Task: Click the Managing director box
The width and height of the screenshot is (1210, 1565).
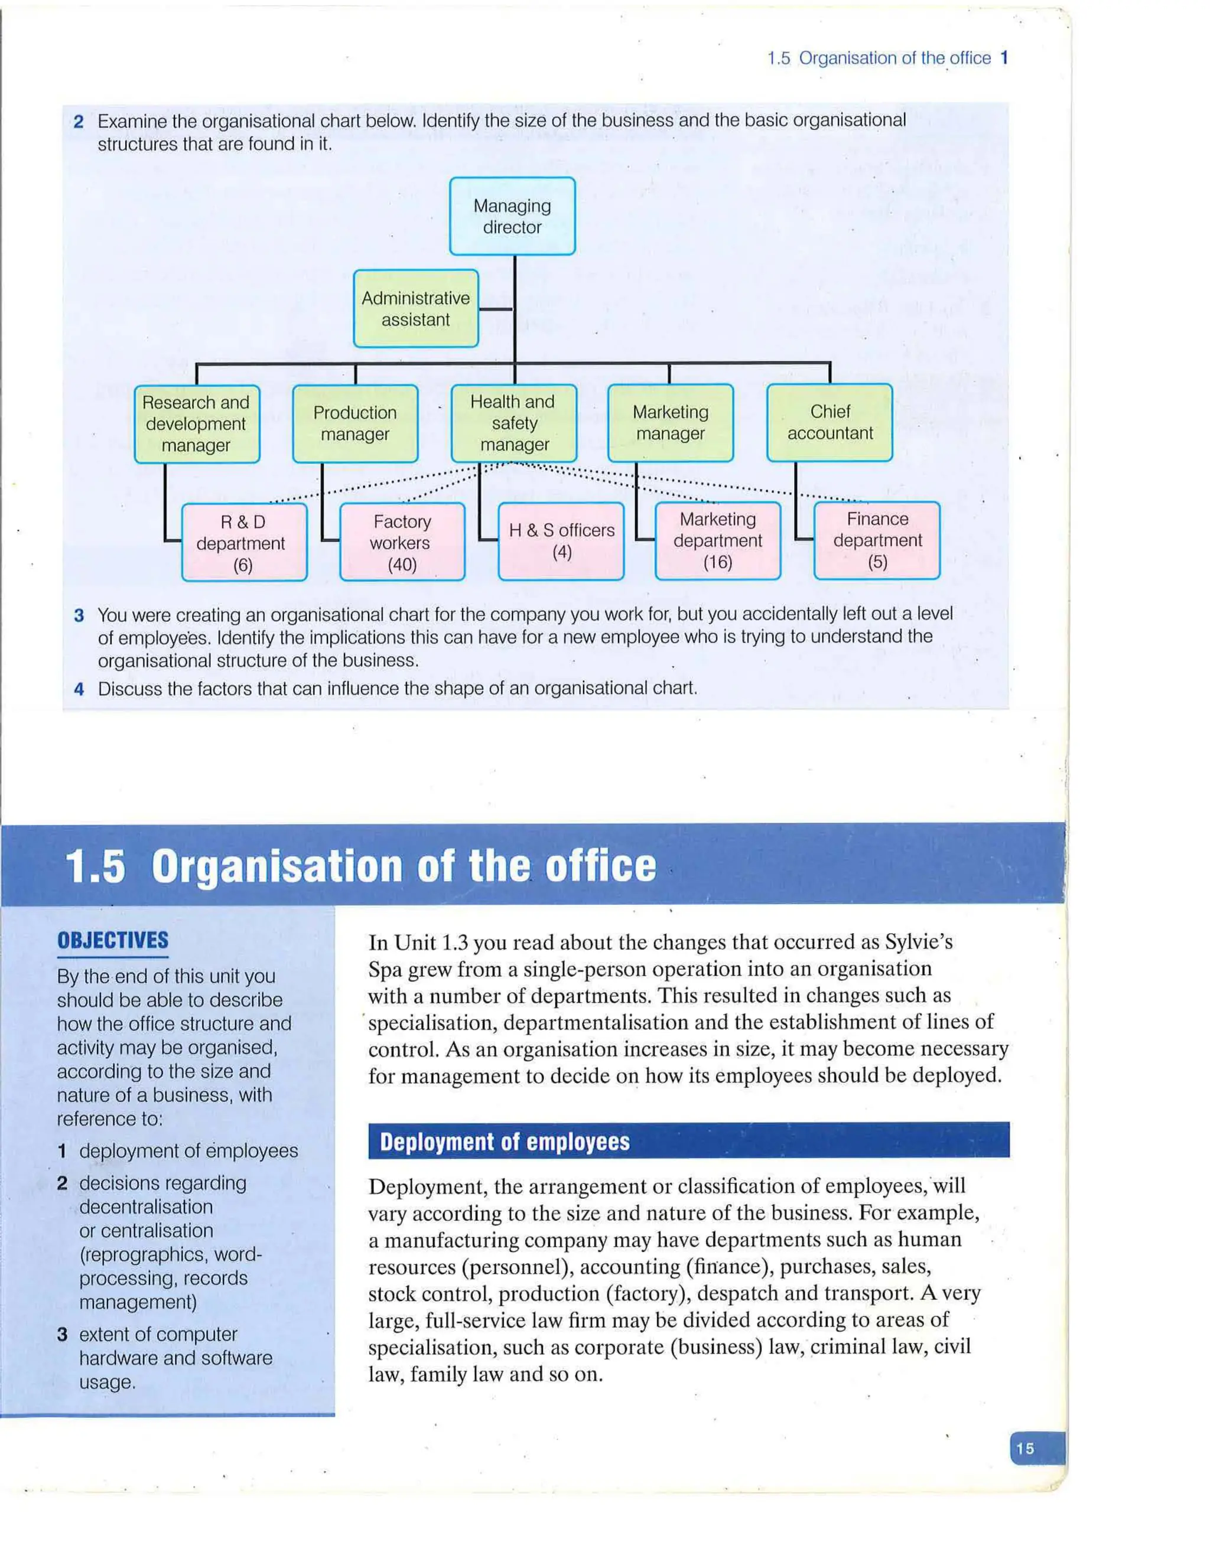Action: [x=512, y=216]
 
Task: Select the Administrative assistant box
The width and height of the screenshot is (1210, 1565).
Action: [x=416, y=309]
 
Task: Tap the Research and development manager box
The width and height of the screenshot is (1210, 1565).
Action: [x=196, y=424]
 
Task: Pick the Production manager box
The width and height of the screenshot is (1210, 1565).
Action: [x=355, y=423]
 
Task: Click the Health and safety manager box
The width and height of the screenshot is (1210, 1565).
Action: [x=513, y=423]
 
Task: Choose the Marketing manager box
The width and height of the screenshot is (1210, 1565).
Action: [x=670, y=423]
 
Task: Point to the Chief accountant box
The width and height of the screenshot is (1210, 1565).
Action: [x=830, y=422]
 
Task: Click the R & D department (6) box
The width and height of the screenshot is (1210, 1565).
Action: [x=244, y=543]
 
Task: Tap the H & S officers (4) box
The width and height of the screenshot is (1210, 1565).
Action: [x=561, y=541]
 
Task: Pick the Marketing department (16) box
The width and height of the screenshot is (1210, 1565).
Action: [x=717, y=540]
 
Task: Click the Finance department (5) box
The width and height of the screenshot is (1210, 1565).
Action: [x=877, y=540]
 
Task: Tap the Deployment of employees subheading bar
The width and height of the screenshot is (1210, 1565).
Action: [x=688, y=1142]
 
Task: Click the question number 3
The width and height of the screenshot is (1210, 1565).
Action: [x=79, y=615]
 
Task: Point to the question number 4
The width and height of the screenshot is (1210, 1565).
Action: [x=79, y=689]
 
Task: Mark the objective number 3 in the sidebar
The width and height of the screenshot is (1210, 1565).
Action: [x=63, y=1334]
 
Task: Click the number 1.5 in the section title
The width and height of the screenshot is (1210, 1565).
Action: [x=95, y=866]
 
